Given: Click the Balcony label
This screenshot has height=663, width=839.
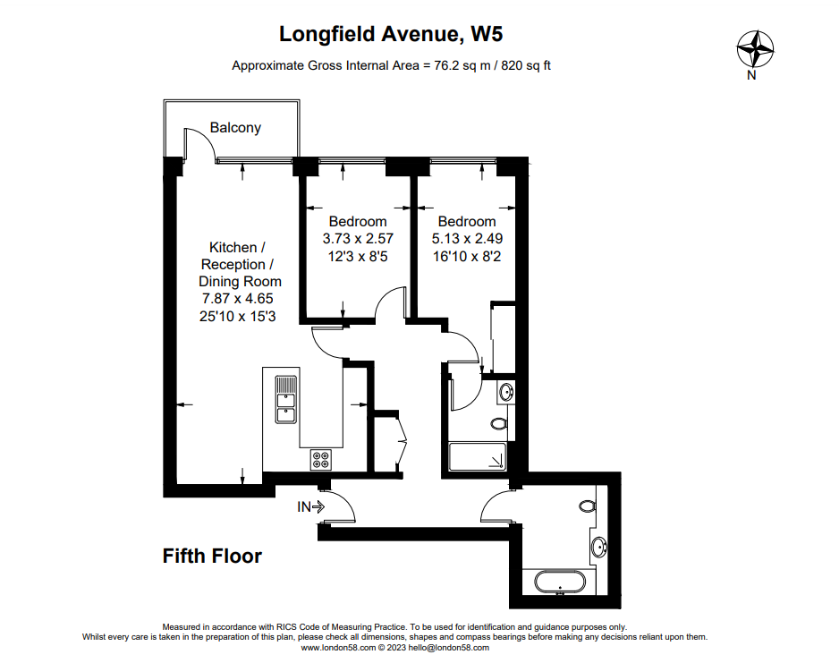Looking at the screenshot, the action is click(235, 128).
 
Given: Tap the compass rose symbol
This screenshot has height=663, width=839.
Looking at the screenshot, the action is click(755, 49).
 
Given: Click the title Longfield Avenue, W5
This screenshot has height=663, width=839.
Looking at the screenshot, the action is click(391, 34).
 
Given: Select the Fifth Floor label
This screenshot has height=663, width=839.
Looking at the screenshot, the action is click(212, 556).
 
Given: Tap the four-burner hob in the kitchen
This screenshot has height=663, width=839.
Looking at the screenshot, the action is click(320, 460).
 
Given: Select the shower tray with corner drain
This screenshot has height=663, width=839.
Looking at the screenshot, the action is click(478, 457).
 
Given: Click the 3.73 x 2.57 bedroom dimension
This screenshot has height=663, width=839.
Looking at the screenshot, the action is click(358, 239).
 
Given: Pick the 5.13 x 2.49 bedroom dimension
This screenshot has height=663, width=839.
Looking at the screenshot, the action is click(467, 239).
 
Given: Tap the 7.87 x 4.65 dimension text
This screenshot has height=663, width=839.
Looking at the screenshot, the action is click(238, 299).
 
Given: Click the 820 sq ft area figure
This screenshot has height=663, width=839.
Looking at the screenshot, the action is click(526, 66).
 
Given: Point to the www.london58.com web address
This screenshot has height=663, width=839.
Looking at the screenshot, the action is click(338, 648).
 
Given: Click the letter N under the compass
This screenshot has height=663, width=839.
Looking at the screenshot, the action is click(751, 75).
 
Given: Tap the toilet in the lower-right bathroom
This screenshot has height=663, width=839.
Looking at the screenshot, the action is click(588, 506).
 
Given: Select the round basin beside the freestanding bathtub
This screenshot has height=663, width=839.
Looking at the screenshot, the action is click(599, 548).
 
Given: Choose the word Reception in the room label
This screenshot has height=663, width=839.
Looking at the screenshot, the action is click(233, 265).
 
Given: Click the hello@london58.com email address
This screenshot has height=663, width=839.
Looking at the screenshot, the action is click(448, 648).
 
